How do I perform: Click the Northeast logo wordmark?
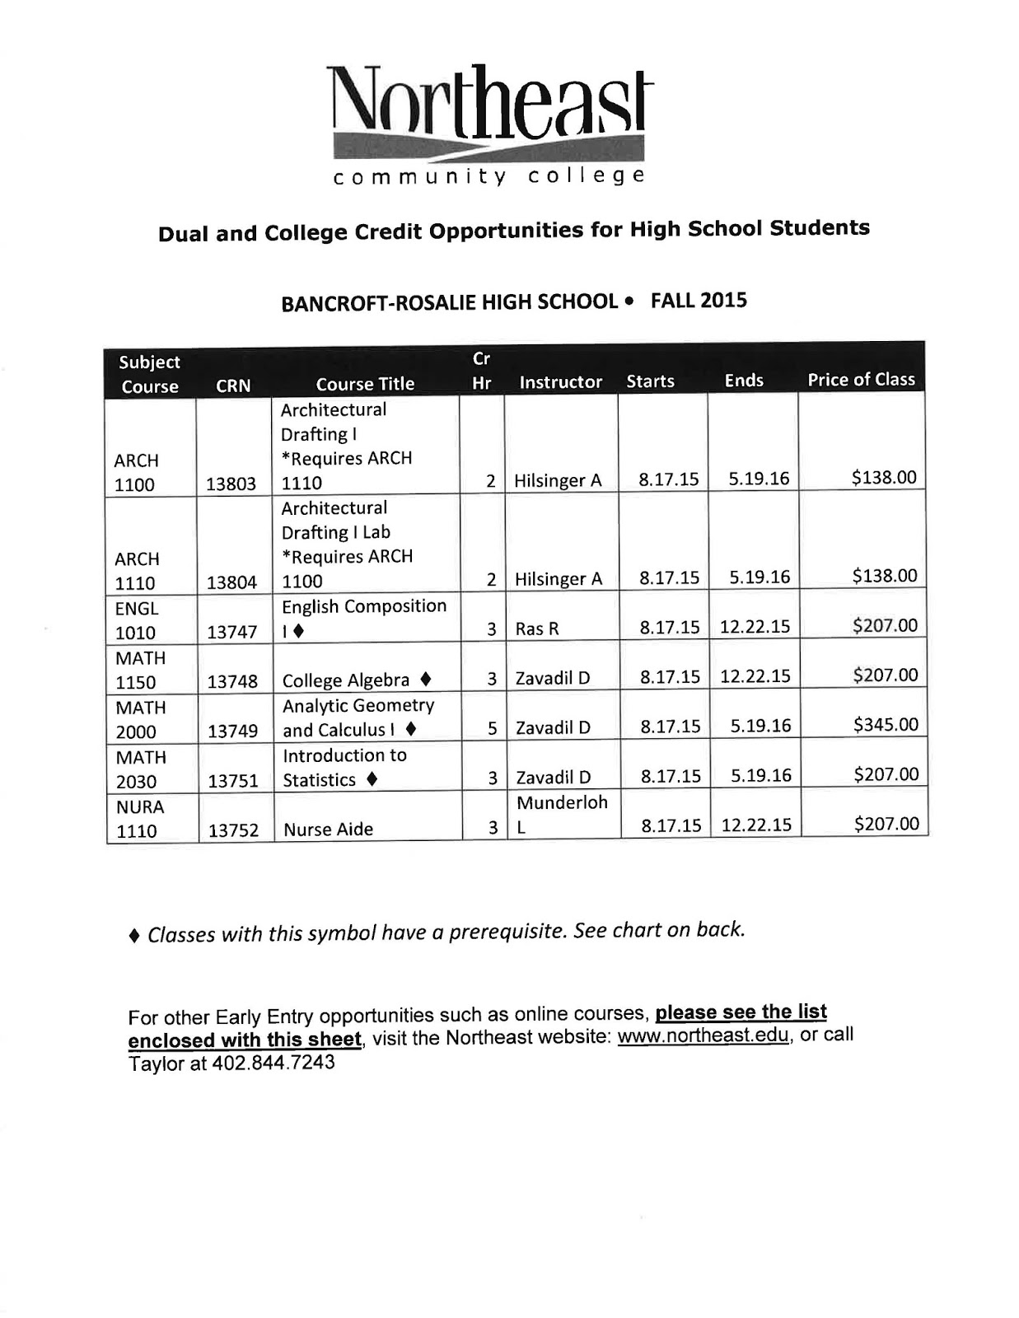coord(489,104)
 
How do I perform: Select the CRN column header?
coord(232,386)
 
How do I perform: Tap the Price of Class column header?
coord(861,380)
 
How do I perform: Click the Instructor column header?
coord(560,382)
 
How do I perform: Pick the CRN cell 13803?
coord(231,484)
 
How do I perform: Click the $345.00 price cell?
coord(885,725)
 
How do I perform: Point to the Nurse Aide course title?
coord(328,830)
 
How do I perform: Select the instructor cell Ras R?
coord(537,629)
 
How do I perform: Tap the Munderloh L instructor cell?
coord(562,814)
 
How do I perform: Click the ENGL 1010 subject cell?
coord(137,620)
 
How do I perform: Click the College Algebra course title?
coord(346,680)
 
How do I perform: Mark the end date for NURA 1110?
coord(755,825)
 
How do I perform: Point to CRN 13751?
coord(232,781)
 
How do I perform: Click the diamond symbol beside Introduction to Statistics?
coord(372,778)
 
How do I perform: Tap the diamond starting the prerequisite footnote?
coord(134,937)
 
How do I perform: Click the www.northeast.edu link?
coord(703,1035)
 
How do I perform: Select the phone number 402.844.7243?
coord(273,1063)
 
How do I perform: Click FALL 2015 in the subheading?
coord(698,300)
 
